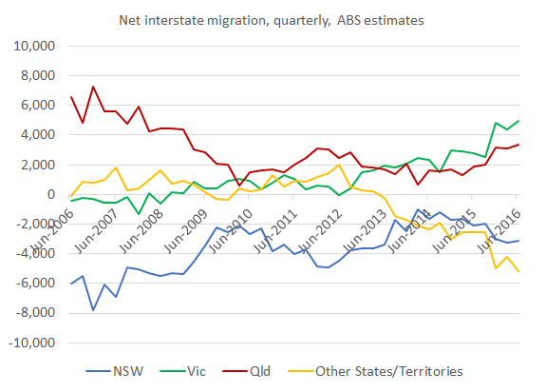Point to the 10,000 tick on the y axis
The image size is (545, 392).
pos(35,46)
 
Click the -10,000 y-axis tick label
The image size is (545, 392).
pos(32,343)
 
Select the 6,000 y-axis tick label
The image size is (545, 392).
pos(39,105)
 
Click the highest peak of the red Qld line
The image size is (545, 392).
pos(93,87)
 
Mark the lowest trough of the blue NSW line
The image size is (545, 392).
pos(93,310)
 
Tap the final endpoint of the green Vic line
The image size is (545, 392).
pos(517,121)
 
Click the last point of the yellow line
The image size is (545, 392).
pos(517,271)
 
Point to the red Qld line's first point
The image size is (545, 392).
pos(71,97)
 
